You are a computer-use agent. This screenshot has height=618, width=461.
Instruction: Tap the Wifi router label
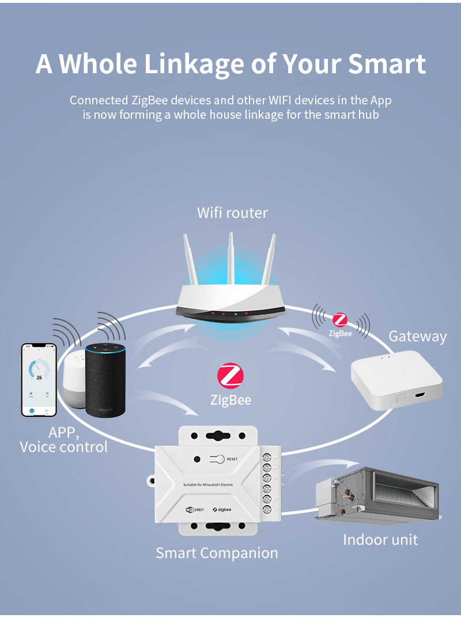[232, 213]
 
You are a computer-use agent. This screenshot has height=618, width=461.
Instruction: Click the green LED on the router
[236, 314]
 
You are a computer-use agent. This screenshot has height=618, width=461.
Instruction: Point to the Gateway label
[417, 337]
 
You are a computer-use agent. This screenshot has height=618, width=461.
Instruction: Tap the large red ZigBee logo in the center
[231, 376]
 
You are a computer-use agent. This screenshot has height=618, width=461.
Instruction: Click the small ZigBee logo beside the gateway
[340, 321]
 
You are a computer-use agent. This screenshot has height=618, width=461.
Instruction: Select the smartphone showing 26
[39, 379]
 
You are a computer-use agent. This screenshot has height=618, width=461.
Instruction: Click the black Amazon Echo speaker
[105, 380]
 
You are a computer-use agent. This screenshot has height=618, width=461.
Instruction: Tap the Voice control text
[63, 447]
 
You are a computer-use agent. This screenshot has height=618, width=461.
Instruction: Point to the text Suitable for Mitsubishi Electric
[207, 485]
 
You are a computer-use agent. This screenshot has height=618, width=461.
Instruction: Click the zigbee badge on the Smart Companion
[221, 510]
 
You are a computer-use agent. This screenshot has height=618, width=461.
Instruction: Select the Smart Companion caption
[217, 553]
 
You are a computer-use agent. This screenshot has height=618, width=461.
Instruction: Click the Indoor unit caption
[380, 540]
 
